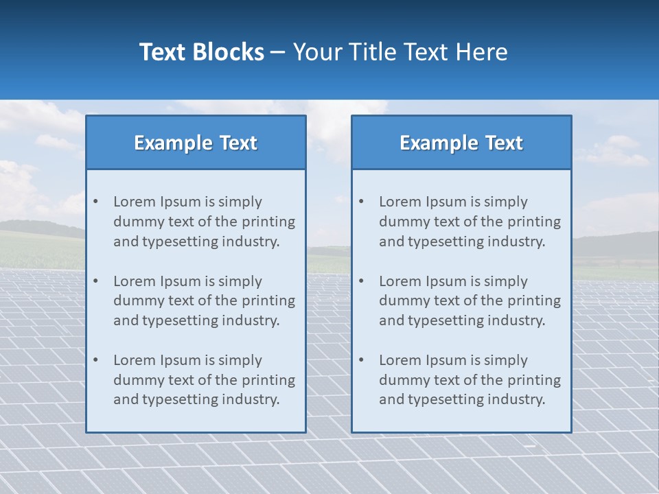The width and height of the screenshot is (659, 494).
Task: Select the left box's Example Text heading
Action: (x=196, y=143)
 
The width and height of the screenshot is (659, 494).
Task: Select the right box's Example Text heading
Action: (x=461, y=143)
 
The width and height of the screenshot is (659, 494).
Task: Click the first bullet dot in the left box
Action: (x=96, y=202)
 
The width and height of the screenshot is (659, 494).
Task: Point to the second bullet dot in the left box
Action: (x=96, y=281)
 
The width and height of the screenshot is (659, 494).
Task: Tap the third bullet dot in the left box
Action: (x=96, y=360)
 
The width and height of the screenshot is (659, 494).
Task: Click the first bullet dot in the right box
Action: (x=362, y=202)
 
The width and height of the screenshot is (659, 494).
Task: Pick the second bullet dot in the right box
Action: (x=362, y=281)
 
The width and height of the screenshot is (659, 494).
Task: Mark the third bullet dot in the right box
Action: (x=362, y=360)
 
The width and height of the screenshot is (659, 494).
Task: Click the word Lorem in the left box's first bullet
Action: (x=134, y=202)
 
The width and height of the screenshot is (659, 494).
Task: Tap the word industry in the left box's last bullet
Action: (x=251, y=399)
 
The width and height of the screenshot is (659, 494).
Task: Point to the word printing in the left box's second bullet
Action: (x=270, y=301)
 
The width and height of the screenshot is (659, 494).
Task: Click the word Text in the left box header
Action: (x=238, y=143)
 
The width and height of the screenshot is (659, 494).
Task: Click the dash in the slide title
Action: (x=278, y=52)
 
